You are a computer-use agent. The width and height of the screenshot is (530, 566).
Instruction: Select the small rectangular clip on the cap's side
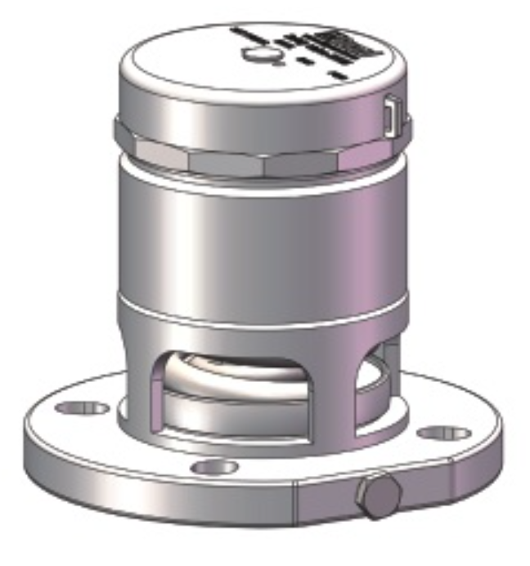coord(391,114)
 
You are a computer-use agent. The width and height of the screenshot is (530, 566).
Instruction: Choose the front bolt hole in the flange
coord(214,468)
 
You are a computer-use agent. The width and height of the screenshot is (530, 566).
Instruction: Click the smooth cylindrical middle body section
coord(262,237)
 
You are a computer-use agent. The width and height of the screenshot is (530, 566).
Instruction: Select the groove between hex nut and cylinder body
coord(262,174)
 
